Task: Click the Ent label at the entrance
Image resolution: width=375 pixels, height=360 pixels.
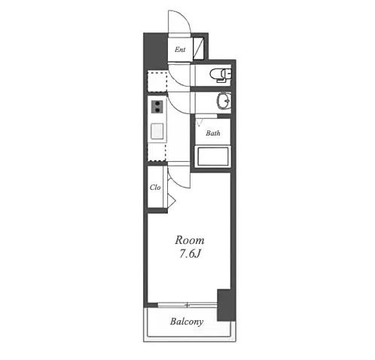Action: tap(180, 50)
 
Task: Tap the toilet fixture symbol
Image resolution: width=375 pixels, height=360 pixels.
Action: tap(220, 75)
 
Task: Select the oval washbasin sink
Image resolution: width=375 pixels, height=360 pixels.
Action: tap(224, 101)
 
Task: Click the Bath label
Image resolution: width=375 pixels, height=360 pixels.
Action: tap(213, 133)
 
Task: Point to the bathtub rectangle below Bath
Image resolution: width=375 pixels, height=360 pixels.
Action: tap(213, 157)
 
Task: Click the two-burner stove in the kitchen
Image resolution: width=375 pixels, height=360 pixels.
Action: tap(157, 107)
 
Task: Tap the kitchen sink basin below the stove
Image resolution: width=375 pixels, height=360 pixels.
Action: tap(157, 131)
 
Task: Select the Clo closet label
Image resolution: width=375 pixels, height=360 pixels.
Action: tap(155, 188)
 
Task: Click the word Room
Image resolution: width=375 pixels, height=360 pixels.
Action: tap(190, 240)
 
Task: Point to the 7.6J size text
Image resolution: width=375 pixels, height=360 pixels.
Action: tap(190, 254)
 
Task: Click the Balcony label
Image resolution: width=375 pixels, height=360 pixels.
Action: tap(187, 322)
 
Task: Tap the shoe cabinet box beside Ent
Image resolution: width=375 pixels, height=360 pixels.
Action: tap(198, 48)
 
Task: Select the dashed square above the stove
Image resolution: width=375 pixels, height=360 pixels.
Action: tap(157, 81)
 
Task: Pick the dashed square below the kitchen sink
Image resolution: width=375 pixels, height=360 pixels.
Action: tap(157, 152)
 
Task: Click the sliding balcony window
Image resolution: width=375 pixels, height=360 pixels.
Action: tap(187, 305)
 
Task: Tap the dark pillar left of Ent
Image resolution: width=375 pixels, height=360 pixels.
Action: tap(155, 51)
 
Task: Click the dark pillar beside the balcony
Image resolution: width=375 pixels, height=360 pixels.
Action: tap(226, 305)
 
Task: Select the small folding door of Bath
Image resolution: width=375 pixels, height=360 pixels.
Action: tap(200, 122)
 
